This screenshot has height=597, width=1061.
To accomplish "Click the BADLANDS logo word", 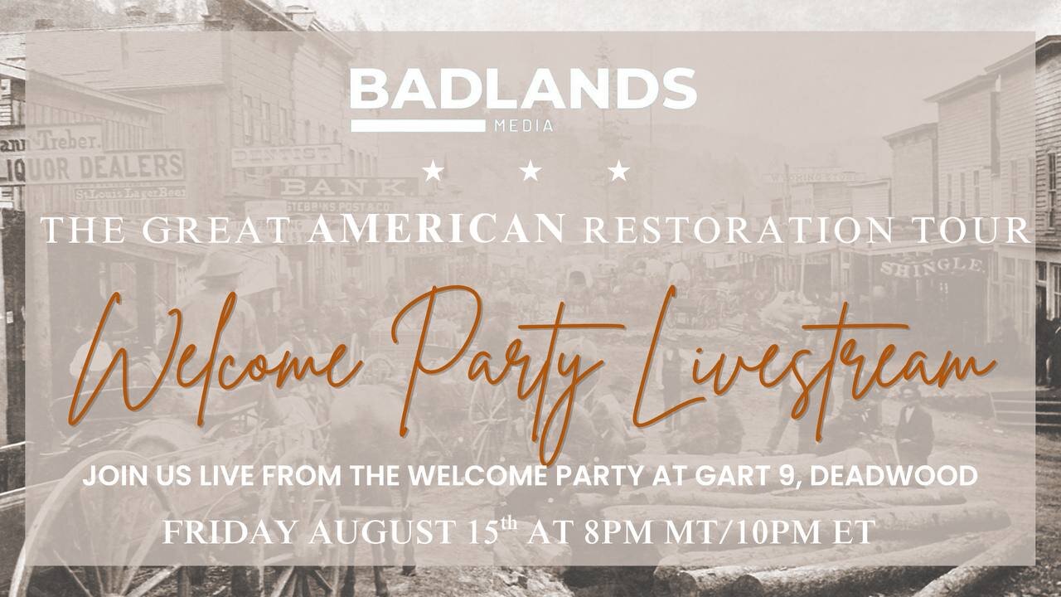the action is pos(523,89).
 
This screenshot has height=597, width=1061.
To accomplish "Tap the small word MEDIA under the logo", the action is pos(524,125).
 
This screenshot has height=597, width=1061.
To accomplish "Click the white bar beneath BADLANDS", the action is pos(419,125).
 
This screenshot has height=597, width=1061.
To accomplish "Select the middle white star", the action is pos(530,171).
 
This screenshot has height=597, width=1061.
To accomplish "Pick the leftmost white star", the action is pos(434,171).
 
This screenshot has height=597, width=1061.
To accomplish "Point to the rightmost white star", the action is pos(618,171).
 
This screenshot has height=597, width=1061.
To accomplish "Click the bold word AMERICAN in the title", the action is pos(436,229).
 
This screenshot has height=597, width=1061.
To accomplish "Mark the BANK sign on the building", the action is pos(345,187).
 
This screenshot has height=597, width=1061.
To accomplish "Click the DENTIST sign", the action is pos(287,155).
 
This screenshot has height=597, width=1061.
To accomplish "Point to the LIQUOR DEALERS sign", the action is pos(94,167).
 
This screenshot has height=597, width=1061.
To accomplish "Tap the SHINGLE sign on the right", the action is pos(932,266).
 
